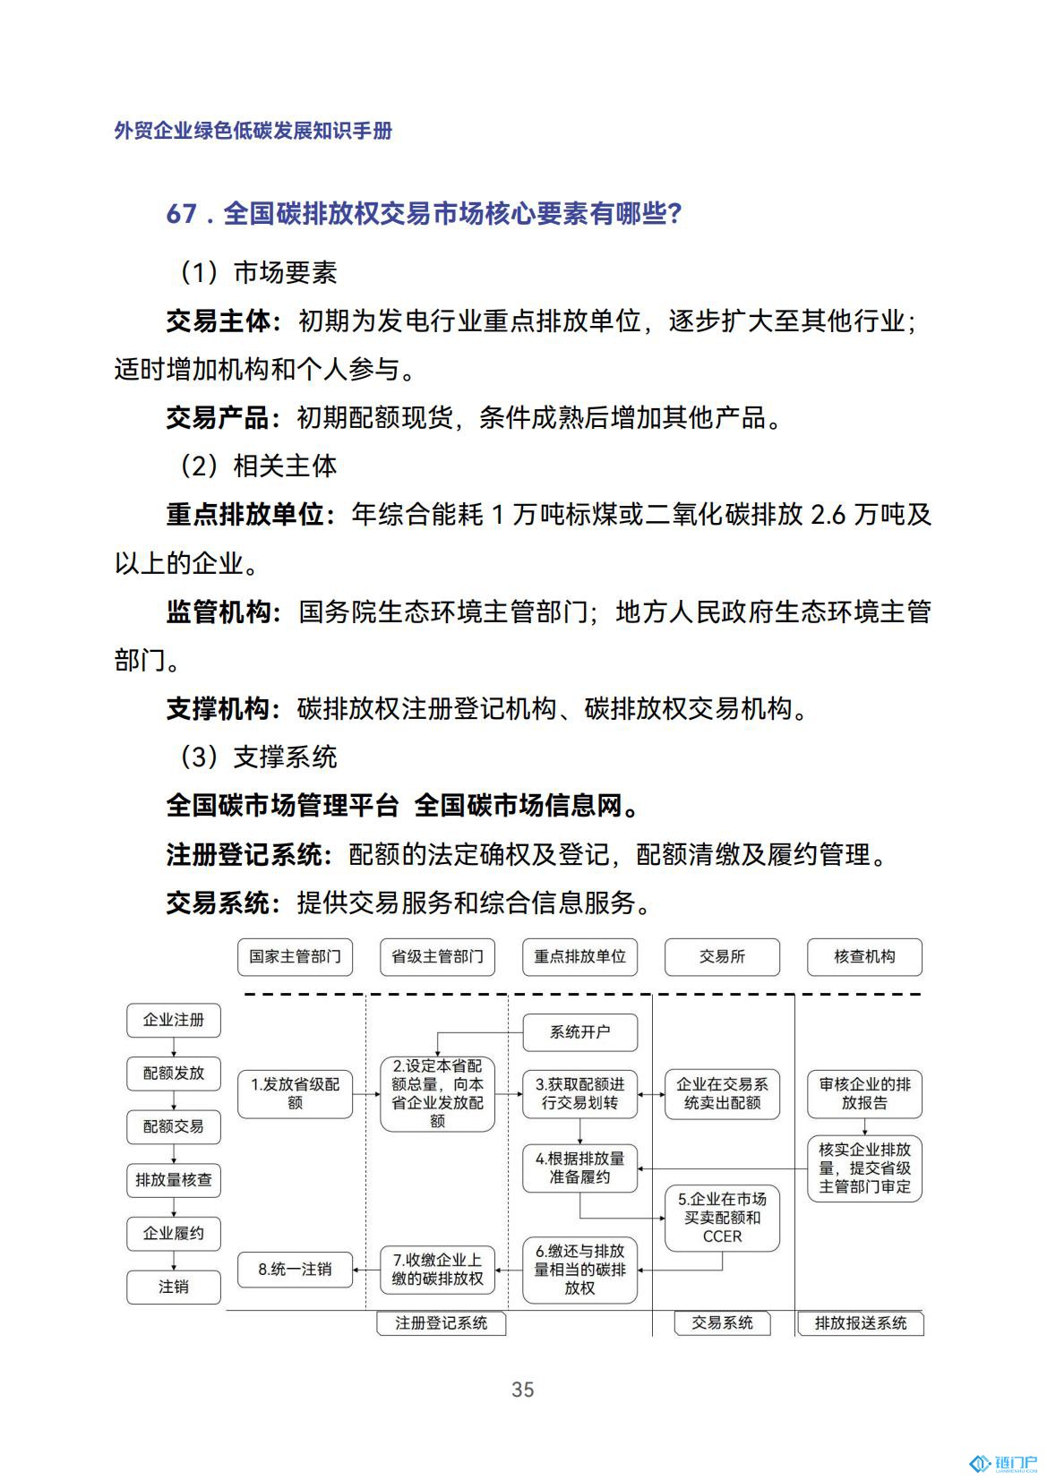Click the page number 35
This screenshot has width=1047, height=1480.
pyautogui.click(x=522, y=1389)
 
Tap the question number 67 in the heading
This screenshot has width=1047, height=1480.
pyautogui.click(x=181, y=214)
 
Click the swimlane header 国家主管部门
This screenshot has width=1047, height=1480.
pyautogui.click(x=295, y=956)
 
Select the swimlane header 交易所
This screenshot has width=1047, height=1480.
pyautogui.click(x=722, y=956)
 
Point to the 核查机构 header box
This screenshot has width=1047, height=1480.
pyautogui.click(x=864, y=956)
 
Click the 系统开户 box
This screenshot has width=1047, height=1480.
pyautogui.click(x=579, y=1031)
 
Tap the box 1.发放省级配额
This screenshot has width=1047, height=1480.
pyautogui.click(x=295, y=1093)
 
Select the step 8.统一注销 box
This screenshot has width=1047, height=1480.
pyautogui.click(x=295, y=1269)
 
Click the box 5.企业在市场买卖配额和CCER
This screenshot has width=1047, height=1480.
pyautogui.click(x=722, y=1218)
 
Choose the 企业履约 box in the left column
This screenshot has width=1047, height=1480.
pyautogui.click(x=174, y=1233)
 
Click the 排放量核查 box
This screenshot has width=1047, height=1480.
pyautogui.click(x=174, y=1180)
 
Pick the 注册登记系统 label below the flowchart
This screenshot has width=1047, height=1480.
pyautogui.click(x=441, y=1322)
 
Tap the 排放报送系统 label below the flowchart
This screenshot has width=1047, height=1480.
pyautogui.click(x=860, y=1322)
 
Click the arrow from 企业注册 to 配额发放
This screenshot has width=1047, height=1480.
pyautogui.click(x=174, y=1047)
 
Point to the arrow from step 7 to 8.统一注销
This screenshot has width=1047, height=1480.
pyautogui.click(x=366, y=1269)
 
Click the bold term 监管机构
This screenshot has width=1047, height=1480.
pyautogui.click(x=218, y=612)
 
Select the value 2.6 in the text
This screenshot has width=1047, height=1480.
pyautogui.click(x=828, y=515)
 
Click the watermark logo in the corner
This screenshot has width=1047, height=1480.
pyautogui.click(x=1002, y=1463)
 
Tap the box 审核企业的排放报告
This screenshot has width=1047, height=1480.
pyautogui.click(x=864, y=1093)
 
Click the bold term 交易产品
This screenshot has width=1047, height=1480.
pyautogui.click(x=218, y=417)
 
